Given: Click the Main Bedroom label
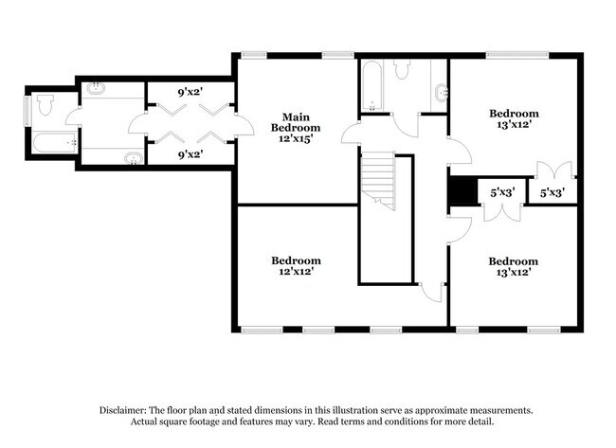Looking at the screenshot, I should tap(296, 122).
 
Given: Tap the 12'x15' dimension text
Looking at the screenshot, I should tap(296, 138).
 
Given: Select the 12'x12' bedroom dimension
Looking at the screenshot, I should tap(296, 272).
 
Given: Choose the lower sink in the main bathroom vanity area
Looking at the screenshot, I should tap(134, 157).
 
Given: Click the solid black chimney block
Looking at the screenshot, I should tap(461, 192).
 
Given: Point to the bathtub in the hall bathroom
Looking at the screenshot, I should tap(370, 88).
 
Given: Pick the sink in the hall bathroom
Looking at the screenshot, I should tap(441, 92).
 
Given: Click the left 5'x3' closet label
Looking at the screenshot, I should tap(500, 193).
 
